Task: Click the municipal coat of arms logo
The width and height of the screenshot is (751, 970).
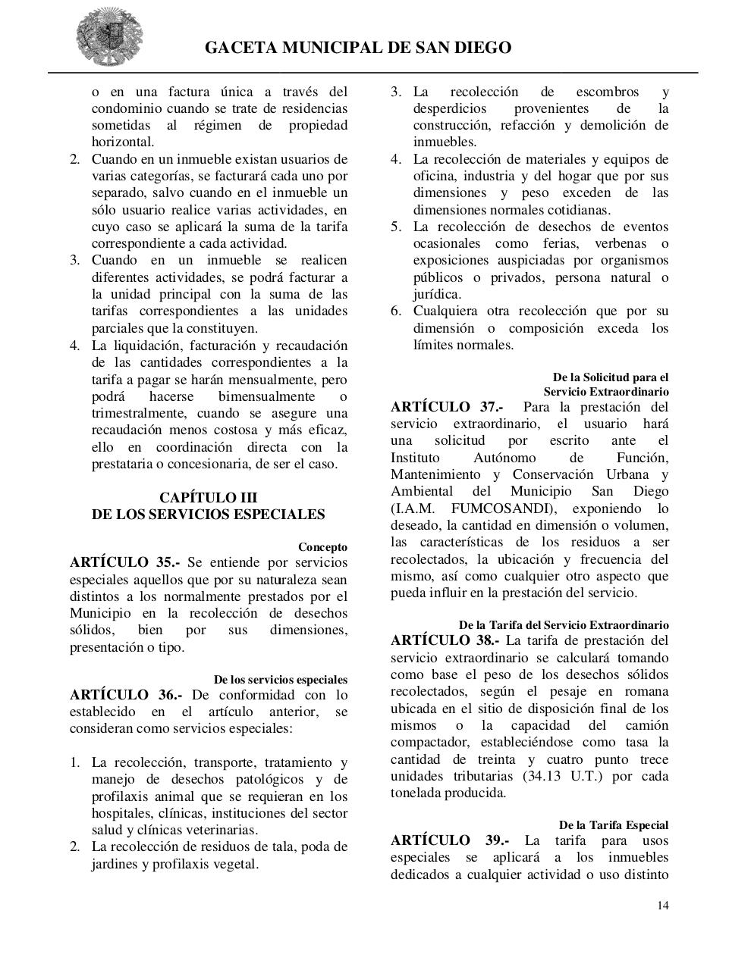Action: pos(108,38)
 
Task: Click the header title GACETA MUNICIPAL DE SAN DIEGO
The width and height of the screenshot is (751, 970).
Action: pos(358,48)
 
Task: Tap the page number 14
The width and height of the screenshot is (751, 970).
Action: pos(663,905)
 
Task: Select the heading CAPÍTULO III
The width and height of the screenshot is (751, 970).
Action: pos(208,498)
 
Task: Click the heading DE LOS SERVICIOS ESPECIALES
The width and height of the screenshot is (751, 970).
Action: pos(208,515)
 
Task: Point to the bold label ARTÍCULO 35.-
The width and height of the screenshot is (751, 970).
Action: pos(125,562)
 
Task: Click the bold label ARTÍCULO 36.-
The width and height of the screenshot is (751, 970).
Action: pos(125,695)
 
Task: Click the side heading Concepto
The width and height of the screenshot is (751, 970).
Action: pos(322,547)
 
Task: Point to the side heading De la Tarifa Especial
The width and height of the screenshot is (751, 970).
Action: pos(613,824)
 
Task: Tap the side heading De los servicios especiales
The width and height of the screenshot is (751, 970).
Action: pos(280,680)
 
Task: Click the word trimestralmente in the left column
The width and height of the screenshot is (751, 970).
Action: pos(140,414)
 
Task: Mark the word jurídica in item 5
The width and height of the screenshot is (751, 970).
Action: pos(436,294)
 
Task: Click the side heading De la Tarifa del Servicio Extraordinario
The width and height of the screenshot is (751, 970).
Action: pos(563,625)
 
